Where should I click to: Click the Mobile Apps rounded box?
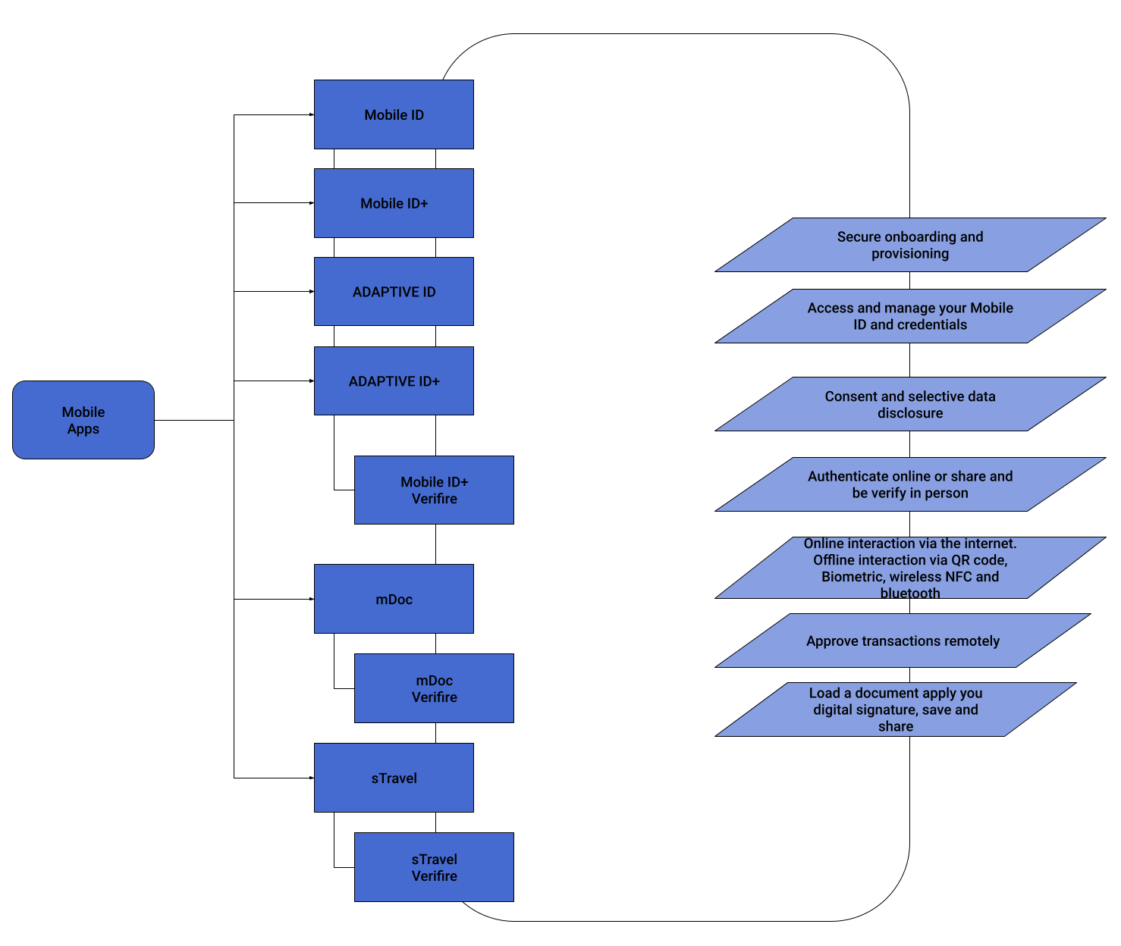(x=83, y=420)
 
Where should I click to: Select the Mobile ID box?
(x=394, y=114)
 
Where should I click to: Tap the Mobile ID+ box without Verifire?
(x=394, y=203)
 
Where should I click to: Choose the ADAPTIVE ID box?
(x=394, y=292)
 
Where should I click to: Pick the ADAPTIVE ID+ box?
(x=394, y=381)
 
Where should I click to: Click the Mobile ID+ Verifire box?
(x=434, y=490)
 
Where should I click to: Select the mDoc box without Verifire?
(x=394, y=599)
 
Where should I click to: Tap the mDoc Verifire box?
(x=434, y=688)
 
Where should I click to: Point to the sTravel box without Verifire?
(x=394, y=778)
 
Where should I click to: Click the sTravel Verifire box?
(x=434, y=867)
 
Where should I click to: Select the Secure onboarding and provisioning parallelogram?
(x=910, y=245)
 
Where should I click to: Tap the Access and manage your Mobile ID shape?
(x=910, y=316)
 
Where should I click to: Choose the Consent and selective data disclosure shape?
(x=910, y=404)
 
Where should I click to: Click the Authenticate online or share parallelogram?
(x=910, y=484)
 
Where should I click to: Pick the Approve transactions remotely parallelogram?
(x=903, y=641)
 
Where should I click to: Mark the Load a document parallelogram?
(x=895, y=709)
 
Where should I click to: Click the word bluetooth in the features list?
(x=910, y=593)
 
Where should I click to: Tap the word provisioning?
(x=910, y=254)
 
